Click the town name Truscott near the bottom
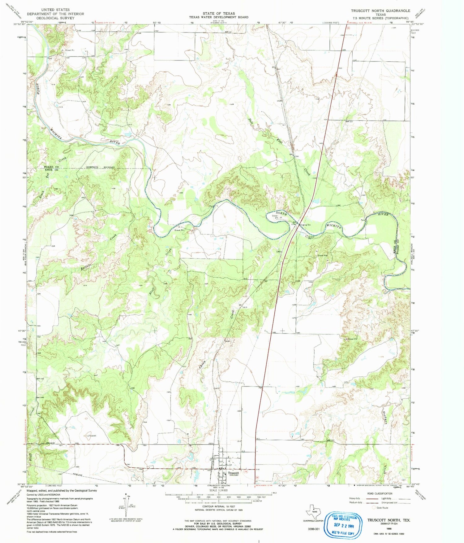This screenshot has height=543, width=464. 234,473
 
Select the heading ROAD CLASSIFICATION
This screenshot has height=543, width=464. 384,493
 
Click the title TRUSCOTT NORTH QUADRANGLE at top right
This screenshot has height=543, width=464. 380,11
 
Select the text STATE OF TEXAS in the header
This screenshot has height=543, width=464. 219,14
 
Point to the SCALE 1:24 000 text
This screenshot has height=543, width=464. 219,491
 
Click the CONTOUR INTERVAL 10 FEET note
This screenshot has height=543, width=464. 219,507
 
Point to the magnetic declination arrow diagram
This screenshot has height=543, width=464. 126,506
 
